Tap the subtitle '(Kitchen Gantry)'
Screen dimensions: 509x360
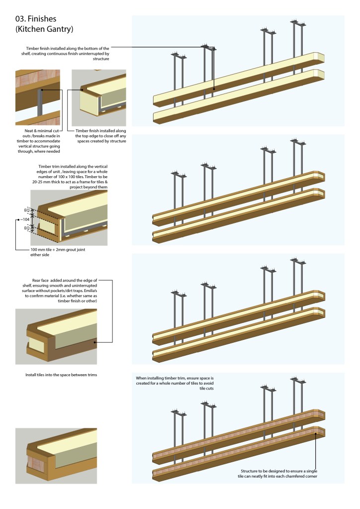pos(44,29)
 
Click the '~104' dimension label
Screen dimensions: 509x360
pos(23,219)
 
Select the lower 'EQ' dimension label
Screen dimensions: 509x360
pos(27,228)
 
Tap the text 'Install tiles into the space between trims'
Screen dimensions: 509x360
pos(61,375)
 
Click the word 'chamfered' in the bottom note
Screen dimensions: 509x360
pos(295,476)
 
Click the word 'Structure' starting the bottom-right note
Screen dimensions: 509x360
pos(246,470)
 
